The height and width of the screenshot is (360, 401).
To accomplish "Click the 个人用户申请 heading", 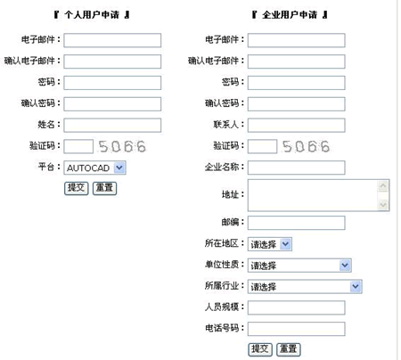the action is click(92, 14).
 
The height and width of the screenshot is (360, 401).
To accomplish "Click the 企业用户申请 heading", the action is click(290, 14).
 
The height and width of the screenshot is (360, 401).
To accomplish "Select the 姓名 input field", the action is click(112, 126).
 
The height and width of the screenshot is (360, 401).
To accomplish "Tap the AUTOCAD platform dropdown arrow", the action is click(119, 168).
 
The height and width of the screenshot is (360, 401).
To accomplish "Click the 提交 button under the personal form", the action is click(77, 188).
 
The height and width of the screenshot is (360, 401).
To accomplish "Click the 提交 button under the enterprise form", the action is click(260, 349).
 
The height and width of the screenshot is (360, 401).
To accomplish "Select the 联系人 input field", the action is click(297, 126).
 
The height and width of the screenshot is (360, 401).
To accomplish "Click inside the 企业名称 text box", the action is click(297, 168).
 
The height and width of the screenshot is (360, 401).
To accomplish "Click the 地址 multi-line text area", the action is click(313, 195).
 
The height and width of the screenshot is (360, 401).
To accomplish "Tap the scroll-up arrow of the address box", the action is click(383, 186).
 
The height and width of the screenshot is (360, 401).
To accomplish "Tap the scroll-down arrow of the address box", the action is click(383, 205).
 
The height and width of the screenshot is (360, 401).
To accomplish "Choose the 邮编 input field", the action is click(297, 223).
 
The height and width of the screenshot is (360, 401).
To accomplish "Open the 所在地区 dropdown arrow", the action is click(285, 244).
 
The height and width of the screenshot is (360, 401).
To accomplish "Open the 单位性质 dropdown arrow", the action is click(345, 266).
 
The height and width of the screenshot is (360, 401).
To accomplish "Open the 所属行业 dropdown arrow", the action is click(356, 286).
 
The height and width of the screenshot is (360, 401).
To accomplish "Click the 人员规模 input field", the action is click(297, 307).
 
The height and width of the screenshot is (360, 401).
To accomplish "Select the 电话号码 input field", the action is click(297, 329).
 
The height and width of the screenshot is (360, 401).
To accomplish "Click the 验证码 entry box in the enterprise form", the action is click(263, 146).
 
